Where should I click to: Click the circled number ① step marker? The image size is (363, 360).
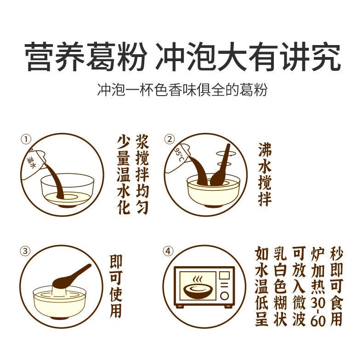[26, 139]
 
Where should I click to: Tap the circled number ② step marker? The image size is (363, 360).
[170, 139]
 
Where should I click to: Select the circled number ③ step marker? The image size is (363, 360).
[25, 251]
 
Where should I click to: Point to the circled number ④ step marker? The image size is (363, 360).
[168, 251]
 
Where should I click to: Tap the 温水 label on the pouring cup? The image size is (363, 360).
[31, 162]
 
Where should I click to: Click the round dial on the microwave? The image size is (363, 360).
[224, 296]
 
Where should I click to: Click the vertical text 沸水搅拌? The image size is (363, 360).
[265, 174]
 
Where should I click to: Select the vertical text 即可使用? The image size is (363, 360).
[116, 286]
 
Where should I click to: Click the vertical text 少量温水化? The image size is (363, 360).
[124, 175]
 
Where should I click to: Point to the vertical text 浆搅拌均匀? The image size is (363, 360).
[142, 174]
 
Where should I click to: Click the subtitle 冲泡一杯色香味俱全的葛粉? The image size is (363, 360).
[182, 89]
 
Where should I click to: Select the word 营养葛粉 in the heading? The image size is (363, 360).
[85, 56]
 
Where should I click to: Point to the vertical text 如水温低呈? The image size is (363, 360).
[261, 286]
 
